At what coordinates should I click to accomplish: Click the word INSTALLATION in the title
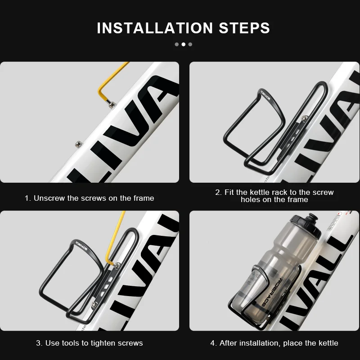pyautogui.click(x=155, y=28)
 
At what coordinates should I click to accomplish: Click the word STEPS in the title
pyautogui.click(x=244, y=28)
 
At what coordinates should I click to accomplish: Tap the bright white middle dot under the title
pyautogui.click(x=184, y=44)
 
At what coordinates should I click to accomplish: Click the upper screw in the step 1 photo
pyautogui.click(x=112, y=105)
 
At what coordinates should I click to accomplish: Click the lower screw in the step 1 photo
pyautogui.click(x=78, y=144)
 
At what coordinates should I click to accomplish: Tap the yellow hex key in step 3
pyautogui.click(x=116, y=239)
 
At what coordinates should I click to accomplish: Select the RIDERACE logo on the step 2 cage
pyautogui.click(x=265, y=95)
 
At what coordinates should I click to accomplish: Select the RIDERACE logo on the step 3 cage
pyautogui.click(x=81, y=246)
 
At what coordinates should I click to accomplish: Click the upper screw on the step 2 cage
pyautogui.click(x=305, y=118)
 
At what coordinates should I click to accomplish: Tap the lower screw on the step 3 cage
pyautogui.click(x=94, y=305)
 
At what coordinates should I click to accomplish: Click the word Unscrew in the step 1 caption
pyautogui.click(x=49, y=198)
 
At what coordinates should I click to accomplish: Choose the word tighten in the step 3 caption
pyautogui.click(x=103, y=343)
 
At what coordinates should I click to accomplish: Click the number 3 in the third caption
pyautogui.click(x=39, y=343)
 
